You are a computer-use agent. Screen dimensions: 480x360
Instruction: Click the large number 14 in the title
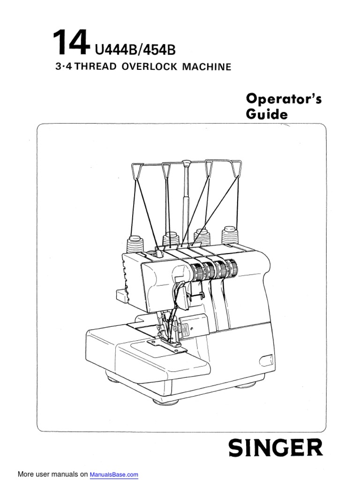click(70, 43)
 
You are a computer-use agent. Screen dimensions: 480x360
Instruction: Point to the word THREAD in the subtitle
click(97, 67)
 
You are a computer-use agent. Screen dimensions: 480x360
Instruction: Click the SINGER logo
click(275, 448)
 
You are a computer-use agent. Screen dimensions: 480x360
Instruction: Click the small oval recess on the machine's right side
click(268, 360)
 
